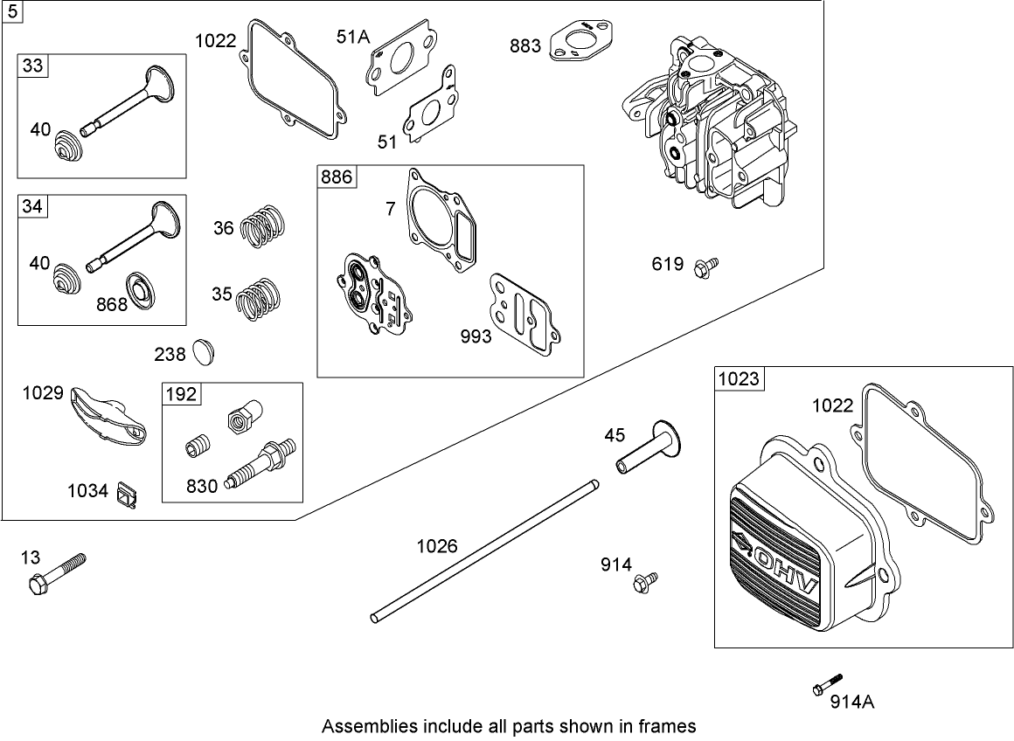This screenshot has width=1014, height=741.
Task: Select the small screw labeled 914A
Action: (828, 684)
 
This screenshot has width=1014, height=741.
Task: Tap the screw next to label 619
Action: (705, 266)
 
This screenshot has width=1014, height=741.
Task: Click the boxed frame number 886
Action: (336, 177)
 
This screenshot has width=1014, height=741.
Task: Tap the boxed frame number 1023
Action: (739, 378)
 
